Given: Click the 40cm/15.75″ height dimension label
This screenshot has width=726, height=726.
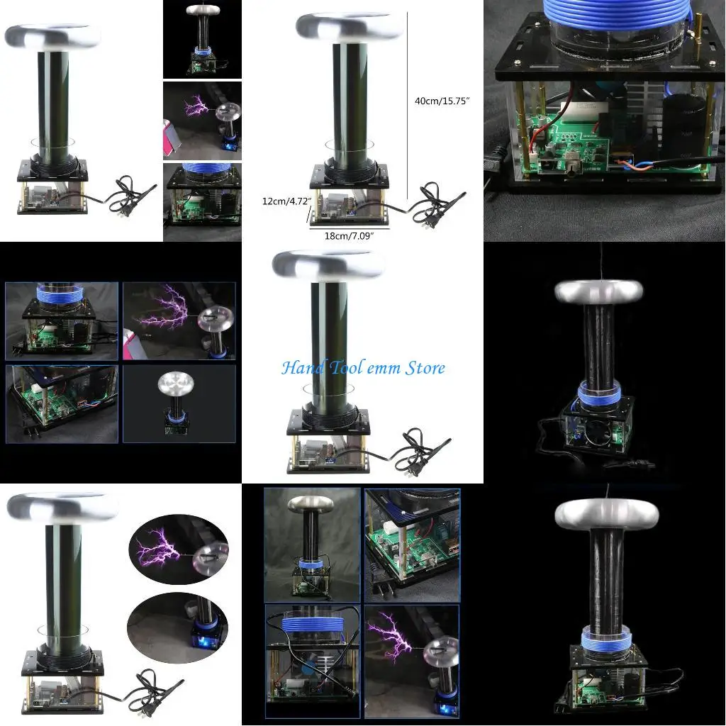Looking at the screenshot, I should (441, 101).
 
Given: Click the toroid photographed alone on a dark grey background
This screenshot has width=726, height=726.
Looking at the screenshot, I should (174, 385).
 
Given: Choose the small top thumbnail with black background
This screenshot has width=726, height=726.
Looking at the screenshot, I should (202, 39).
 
